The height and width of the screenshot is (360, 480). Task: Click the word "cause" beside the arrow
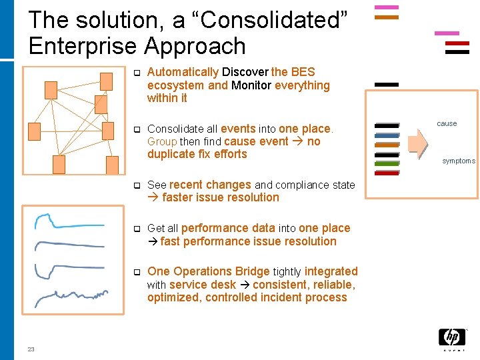tap(447, 123)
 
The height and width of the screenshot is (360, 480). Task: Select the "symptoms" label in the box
tap(459, 161)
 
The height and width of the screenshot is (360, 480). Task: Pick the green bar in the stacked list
tap(387, 163)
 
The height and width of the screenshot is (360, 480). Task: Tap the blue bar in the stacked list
tap(387, 135)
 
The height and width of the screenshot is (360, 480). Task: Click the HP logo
tap(451, 339)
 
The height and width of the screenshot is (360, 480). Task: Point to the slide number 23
tap(31, 349)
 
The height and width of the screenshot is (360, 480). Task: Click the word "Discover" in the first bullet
tap(245, 72)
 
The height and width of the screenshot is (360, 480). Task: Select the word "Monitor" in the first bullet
tap(251, 85)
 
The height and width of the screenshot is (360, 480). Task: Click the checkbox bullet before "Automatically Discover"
tap(135, 73)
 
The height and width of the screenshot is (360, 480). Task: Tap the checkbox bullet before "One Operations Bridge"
tap(135, 272)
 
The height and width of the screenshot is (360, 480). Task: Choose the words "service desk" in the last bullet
tap(202, 285)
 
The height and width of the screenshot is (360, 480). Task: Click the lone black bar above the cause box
tap(387, 85)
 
